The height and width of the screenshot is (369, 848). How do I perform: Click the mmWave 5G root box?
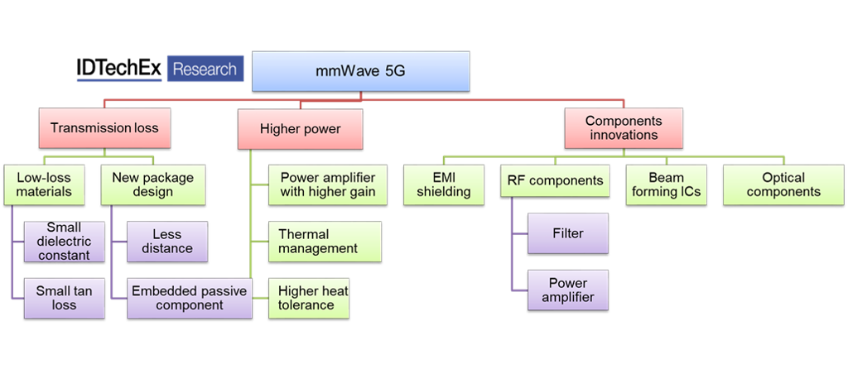tap(360, 72)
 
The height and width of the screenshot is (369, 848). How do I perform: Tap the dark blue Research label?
tap(205, 69)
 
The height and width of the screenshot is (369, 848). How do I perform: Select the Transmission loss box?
tap(104, 128)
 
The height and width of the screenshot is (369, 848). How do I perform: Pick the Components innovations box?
tap(624, 128)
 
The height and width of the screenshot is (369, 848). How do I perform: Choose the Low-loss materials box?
tap(44, 184)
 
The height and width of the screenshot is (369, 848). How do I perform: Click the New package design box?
tap(153, 184)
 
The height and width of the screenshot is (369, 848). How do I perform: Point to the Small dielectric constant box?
tap(64, 241)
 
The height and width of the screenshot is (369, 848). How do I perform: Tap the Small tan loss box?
tap(64, 298)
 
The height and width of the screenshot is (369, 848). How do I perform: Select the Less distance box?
tap(166, 241)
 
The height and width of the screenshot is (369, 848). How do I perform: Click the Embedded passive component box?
tap(190, 298)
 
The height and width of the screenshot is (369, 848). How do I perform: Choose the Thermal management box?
tap(325, 241)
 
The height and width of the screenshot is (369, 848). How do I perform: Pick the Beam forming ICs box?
tap(667, 184)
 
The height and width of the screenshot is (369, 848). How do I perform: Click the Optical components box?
tap(783, 184)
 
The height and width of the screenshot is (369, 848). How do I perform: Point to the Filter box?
tap(568, 233)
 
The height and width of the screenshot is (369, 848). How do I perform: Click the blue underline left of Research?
tap(118, 80)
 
